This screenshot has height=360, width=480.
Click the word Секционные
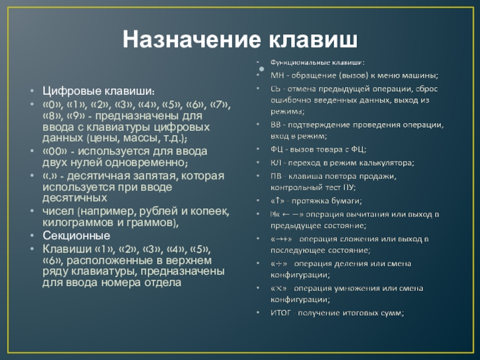click(x=76, y=235)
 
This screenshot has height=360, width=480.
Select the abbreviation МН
click(x=277, y=75)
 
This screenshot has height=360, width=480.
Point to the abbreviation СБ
click(x=277, y=88)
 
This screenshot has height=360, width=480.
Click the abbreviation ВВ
click(x=277, y=125)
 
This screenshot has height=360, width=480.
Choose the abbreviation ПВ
click(x=277, y=176)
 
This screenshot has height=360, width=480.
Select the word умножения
click(x=368, y=289)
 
